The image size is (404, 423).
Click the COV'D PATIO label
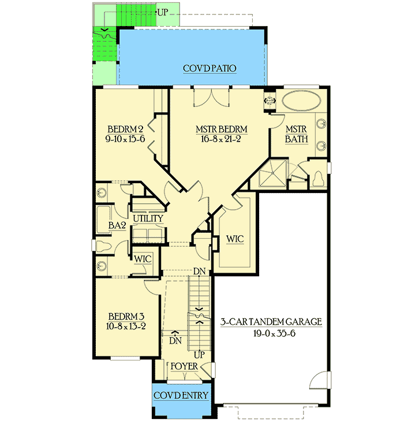pyautogui.click(x=210, y=68)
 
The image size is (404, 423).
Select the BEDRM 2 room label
pyautogui.click(x=125, y=128)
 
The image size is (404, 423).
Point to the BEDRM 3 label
pyautogui.click(x=126, y=317)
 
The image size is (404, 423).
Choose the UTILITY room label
pyautogui.click(x=148, y=219)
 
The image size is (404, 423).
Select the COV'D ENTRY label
pyautogui.click(x=181, y=395)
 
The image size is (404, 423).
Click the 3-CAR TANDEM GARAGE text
pyautogui.click(x=271, y=322)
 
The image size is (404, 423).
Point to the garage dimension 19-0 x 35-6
pyautogui.click(x=271, y=333)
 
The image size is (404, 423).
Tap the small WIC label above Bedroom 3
pyautogui.click(x=143, y=259)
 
